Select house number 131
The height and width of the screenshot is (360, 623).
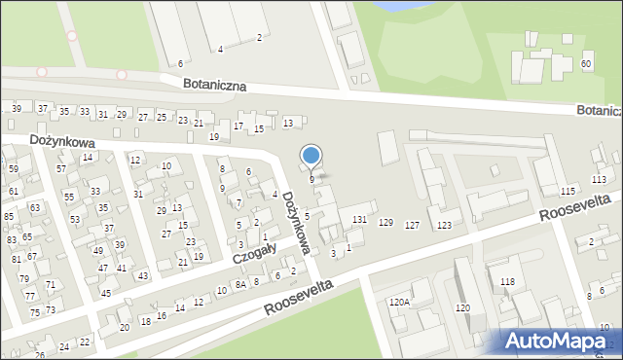click(360, 220)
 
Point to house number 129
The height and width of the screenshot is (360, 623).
click(385, 224)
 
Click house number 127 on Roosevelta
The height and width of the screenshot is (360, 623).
click(413, 226)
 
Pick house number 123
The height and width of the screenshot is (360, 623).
click(444, 226)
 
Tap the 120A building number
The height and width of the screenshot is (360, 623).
click(399, 303)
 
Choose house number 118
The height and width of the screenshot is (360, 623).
click(507, 281)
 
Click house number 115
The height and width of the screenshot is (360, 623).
click(568, 191)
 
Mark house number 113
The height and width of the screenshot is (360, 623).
click(598, 180)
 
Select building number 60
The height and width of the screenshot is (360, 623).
click(586, 64)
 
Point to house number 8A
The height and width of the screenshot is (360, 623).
click(239, 284)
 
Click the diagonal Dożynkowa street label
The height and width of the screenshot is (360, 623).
click(297, 222)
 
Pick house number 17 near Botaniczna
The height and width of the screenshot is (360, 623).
click(238, 126)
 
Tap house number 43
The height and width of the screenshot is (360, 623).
click(143, 275)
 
